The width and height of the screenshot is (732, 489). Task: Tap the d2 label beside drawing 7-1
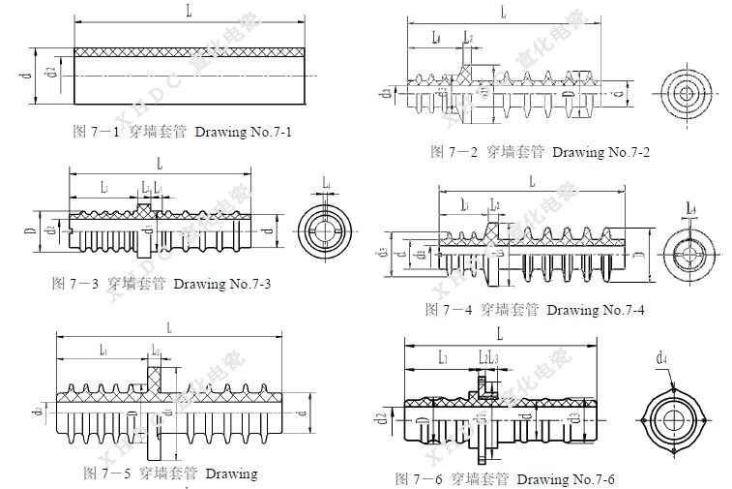click(50, 70)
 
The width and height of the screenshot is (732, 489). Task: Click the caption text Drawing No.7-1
click(243, 133)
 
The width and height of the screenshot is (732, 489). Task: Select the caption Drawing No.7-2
click(601, 152)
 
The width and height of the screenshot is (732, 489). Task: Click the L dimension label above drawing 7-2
click(504, 12)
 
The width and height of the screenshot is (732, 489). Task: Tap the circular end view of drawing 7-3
click(326, 229)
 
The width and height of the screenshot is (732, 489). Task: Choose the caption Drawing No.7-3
click(221, 284)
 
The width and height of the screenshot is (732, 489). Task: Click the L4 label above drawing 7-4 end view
click(690, 208)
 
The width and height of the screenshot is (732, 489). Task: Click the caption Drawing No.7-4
click(596, 310)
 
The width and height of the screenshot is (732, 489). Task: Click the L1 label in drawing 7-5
click(102, 350)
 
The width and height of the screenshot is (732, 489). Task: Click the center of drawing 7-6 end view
click(669, 419)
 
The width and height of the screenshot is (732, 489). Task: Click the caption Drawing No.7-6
click(566, 479)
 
